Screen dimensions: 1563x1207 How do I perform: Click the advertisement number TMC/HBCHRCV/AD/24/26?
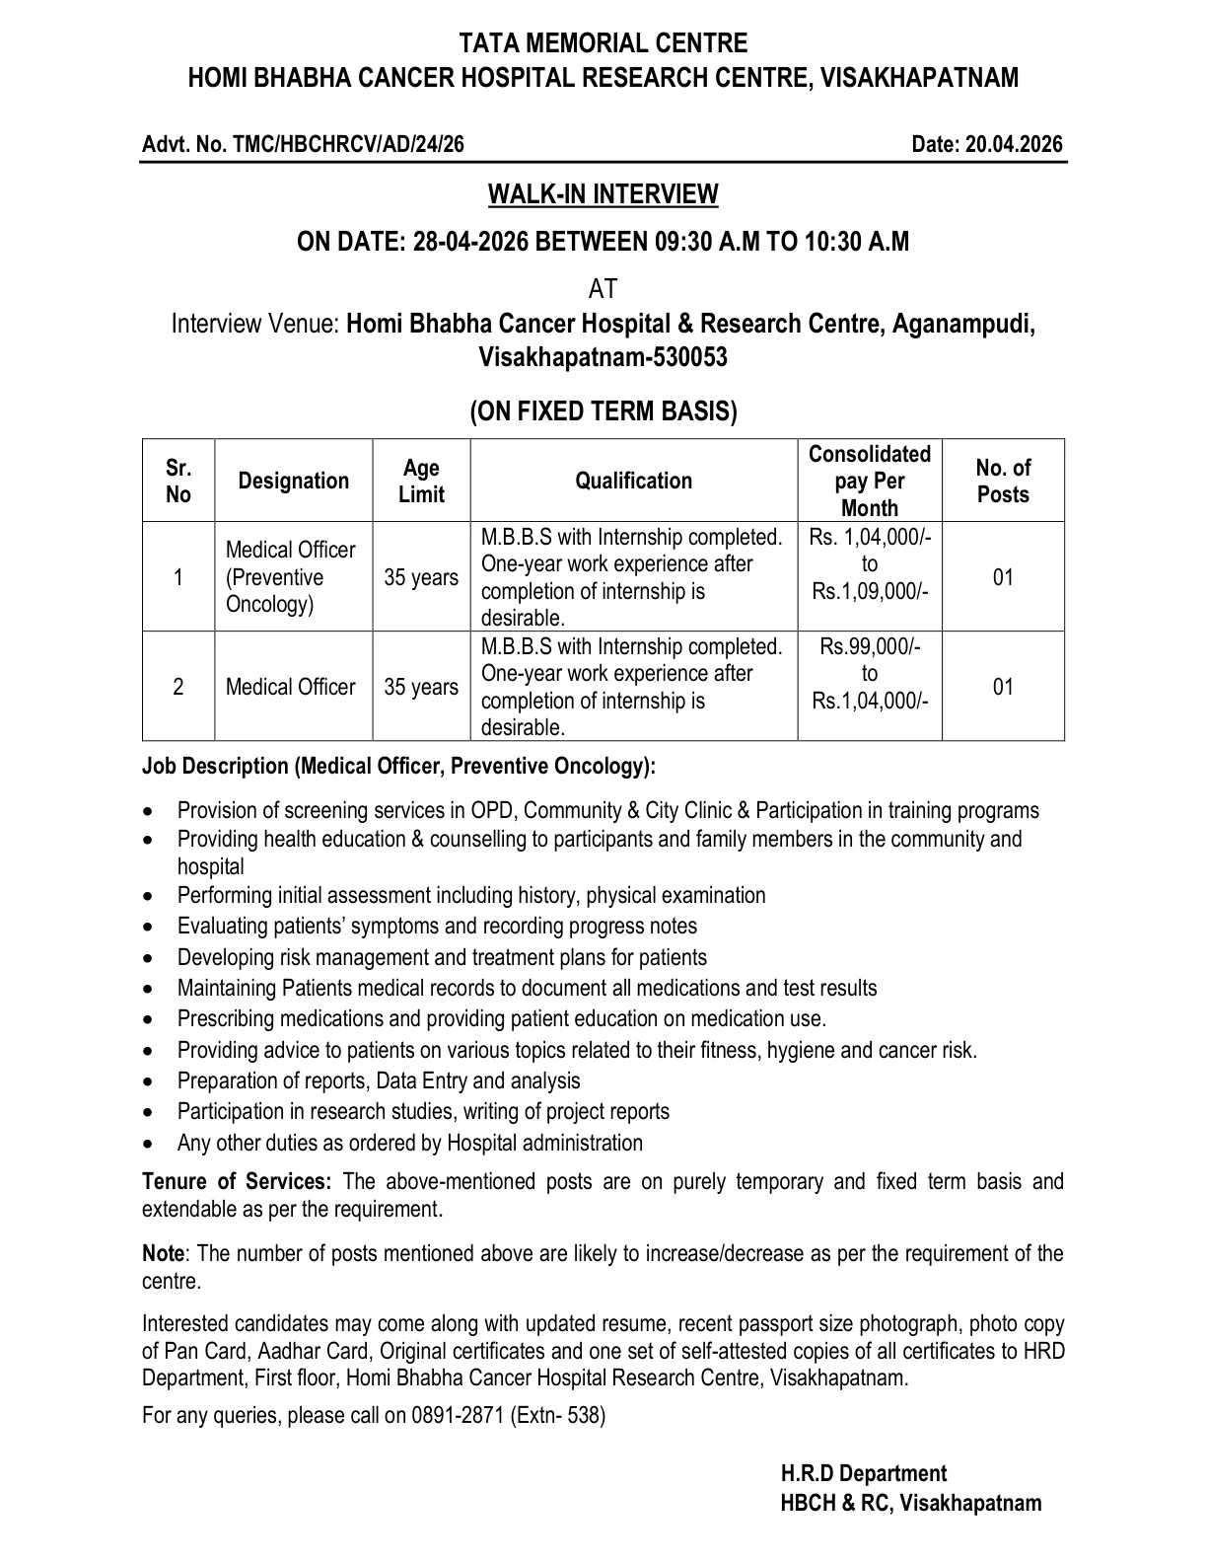tap(348, 145)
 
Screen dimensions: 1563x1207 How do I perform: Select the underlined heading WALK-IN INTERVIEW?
tap(603, 194)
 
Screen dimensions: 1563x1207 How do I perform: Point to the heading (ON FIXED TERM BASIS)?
tap(603, 410)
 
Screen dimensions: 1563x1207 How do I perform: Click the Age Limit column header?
tap(421, 481)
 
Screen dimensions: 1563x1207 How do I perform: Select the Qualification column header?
tap(633, 481)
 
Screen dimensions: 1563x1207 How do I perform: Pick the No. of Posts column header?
tap(1003, 481)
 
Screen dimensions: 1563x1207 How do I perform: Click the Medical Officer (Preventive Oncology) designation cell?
tap(290, 577)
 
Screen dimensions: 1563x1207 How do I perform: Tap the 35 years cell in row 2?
tap(421, 687)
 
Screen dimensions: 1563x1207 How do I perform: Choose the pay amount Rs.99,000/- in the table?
tap(870, 646)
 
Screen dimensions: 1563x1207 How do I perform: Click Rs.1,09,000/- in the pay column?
tap(870, 591)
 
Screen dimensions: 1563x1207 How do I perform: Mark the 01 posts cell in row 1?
tap(1003, 577)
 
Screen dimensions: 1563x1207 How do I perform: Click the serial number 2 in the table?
tap(178, 687)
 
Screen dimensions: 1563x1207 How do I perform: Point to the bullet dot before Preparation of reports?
tap(148, 1081)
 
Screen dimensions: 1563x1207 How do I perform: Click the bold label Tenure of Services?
tap(237, 1181)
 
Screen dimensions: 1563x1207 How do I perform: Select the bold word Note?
tap(163, 1253)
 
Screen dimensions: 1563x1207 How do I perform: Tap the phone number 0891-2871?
tap(459, 1415)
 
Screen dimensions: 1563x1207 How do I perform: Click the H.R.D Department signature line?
tap(864, 1473)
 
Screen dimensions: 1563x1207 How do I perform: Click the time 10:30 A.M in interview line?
tap(852, 242)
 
